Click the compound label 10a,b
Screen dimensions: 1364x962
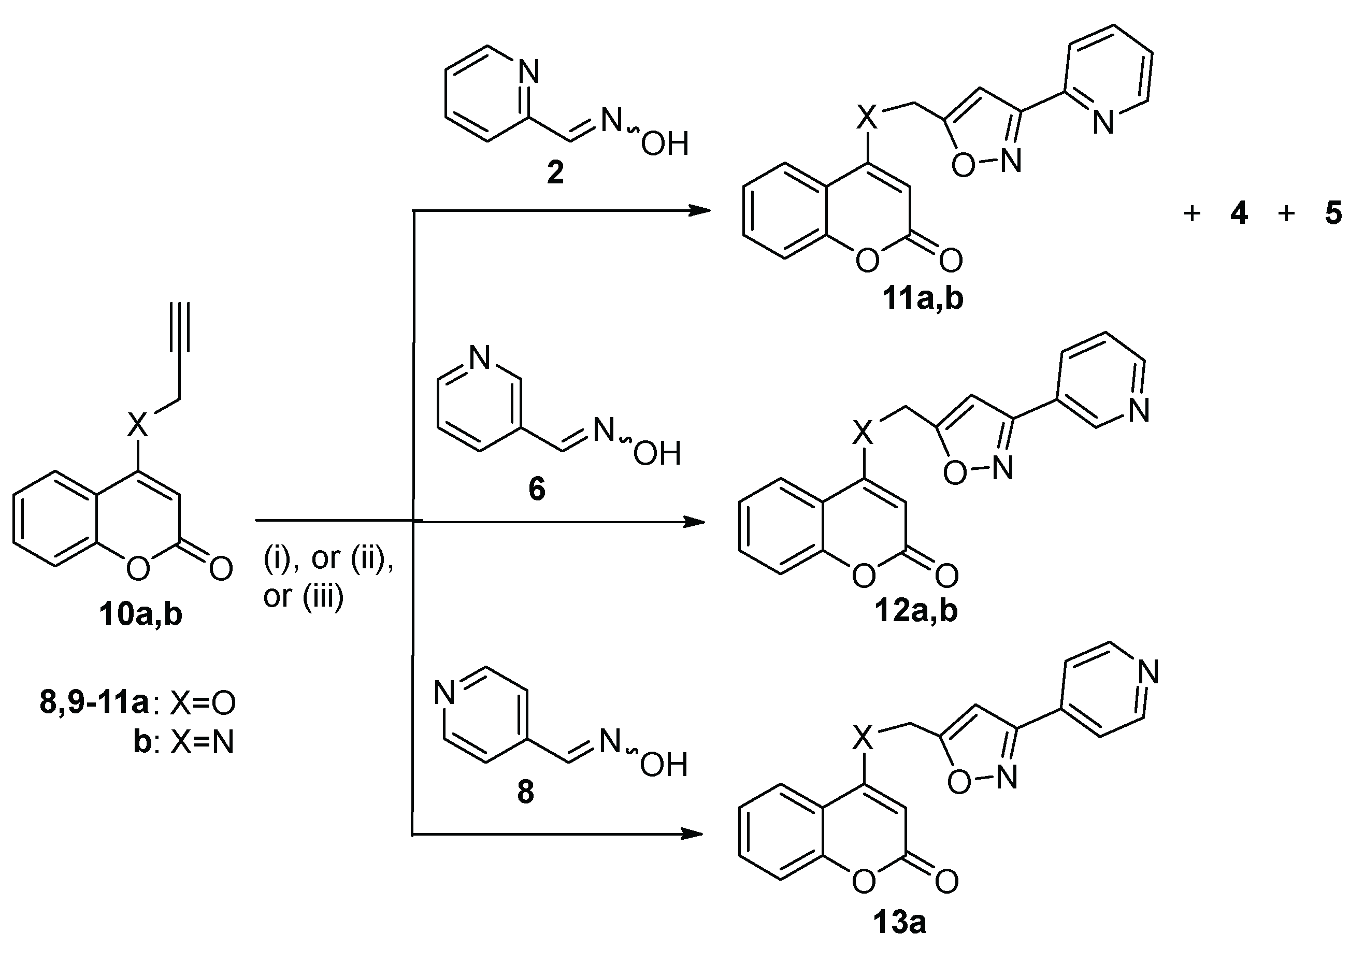point(141,614)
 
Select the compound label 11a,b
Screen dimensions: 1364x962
point(923,299)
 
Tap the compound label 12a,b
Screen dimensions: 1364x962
point(916,610)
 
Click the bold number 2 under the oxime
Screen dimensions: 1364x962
point(555,174)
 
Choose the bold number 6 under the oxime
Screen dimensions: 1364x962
point(537,490)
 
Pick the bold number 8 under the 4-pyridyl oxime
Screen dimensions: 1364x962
point(526,792)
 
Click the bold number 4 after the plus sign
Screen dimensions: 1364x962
point(1239,213)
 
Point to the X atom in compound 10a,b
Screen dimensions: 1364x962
point(137,425)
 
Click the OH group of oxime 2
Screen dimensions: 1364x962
point(665,144)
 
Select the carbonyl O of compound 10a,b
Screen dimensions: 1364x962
point(220,569)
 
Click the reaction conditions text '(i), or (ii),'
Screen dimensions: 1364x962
point(328,558)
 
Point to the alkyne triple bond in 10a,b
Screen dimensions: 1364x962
point(179,327)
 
